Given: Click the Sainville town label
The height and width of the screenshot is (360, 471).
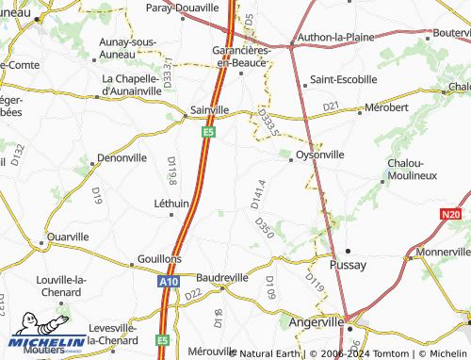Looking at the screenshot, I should [209, 109].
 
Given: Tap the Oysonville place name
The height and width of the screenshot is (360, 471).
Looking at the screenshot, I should [319, 154].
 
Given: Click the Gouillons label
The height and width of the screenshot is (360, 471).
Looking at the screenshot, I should [159, 258].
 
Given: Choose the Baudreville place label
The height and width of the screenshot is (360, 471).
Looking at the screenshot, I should [222, 278].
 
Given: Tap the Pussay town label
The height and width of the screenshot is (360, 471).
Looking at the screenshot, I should [353, 265].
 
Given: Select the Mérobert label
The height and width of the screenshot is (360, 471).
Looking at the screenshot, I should [386, 107].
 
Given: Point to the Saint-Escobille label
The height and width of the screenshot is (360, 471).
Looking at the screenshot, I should [343, 79].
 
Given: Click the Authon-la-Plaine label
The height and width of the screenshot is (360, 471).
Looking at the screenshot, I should [336, 38].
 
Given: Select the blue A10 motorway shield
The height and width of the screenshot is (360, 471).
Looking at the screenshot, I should [168, 281].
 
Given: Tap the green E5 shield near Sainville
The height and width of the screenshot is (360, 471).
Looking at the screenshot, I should [207, 133].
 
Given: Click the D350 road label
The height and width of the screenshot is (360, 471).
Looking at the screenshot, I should [264, 226].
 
